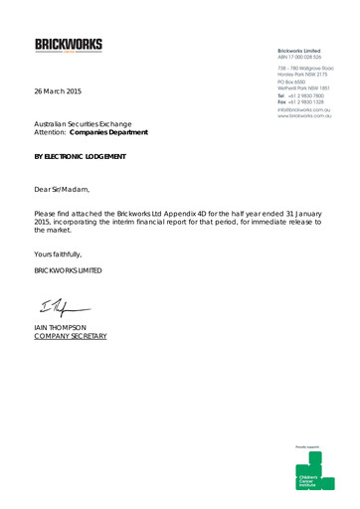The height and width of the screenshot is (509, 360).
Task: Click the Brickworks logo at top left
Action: coord(69,46)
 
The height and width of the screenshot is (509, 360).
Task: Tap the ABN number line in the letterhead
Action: coord(304,58)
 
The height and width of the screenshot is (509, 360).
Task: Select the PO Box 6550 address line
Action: coord(297,83)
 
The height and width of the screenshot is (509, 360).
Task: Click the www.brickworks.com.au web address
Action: coord(304,116)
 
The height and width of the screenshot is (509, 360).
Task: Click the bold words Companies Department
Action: coord(114,132)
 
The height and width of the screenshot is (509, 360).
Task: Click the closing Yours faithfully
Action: coord(58,254)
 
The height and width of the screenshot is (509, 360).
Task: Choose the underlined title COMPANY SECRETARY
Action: coord(71,337)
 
